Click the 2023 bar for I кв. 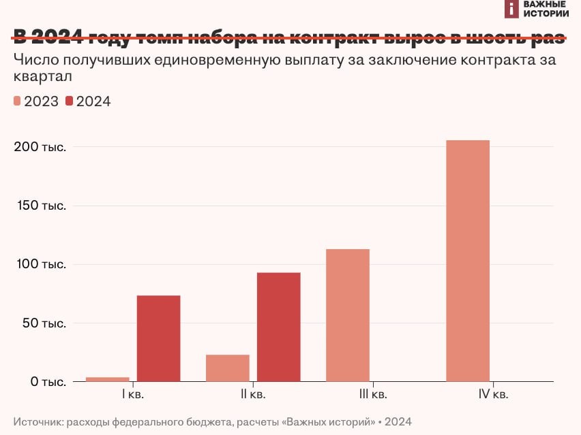[x=107, y=379]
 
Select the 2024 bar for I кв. [x=158, y=338]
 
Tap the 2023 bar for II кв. [x=227, y=368]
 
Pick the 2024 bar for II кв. [x=278, y=327]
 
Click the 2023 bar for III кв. [x=348, y=315]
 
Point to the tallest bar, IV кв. [x=467, y=261]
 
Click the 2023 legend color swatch [x=17, y=101]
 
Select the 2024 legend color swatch [x=70, y=101]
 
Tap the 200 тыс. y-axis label [x=40, y=147]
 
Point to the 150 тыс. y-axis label [x=40, y=206]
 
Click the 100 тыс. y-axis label [x=40, y=264]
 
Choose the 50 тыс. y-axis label [x=44, y=323]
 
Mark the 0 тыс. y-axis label [x=46, y=382]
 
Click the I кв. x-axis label [x=133, y=394]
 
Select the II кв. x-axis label [x=253, y=394]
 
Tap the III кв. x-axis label [x=373, y=394]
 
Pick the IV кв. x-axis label [x=493, y=394]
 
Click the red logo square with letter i [x=512, y=9]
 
